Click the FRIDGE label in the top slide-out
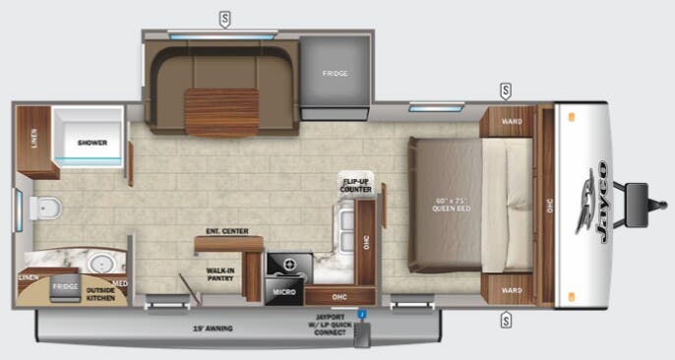tap(335, 73)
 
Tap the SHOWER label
tap(92, 143)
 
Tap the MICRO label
tap(284, 291)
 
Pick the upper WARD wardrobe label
tap(511, 123)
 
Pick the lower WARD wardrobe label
tap(511, 290)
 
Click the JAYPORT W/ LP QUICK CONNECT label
tap(330, 326)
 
